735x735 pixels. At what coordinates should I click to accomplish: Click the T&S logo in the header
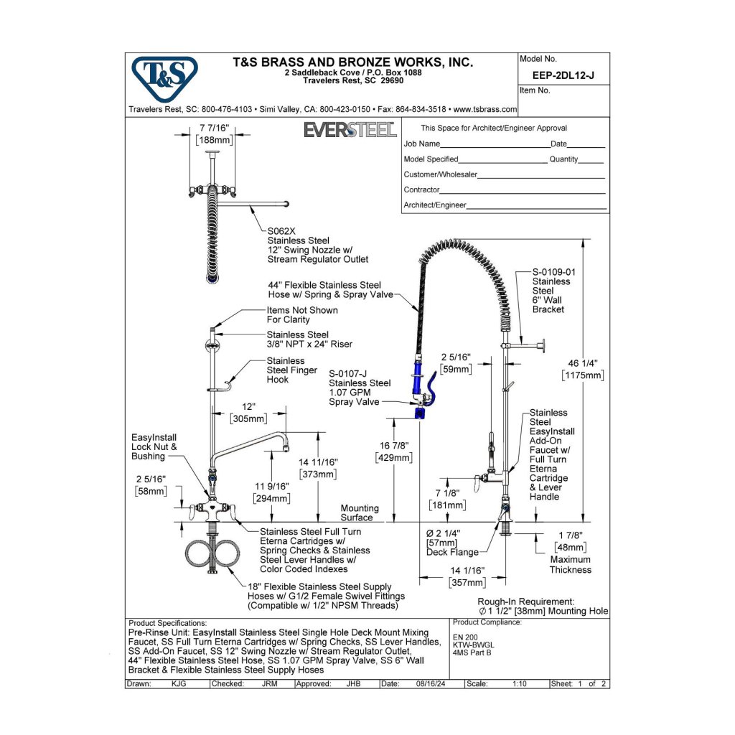(164, 78)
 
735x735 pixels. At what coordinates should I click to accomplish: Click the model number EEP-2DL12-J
(564, 74)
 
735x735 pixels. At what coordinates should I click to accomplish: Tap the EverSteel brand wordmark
(350, 130)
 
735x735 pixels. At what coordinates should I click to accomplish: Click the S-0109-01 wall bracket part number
(553, 272)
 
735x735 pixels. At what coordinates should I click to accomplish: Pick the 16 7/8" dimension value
(395, 446)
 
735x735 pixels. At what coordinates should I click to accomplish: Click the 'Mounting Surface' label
(360, 512)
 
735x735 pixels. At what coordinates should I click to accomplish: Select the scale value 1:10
(520, 684)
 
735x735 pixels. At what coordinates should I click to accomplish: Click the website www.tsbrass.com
(484, 109)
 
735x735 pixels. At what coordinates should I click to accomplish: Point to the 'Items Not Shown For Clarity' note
(302, 314)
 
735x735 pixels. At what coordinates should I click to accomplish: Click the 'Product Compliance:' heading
(487, 622)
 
